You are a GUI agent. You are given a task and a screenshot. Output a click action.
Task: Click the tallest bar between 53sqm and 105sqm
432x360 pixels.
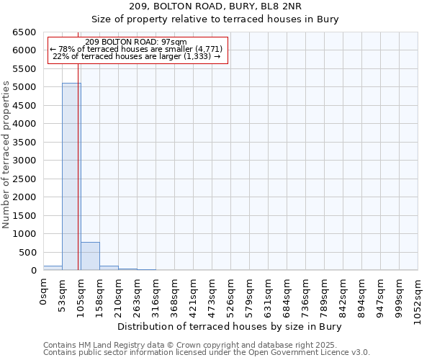tap(71, 176)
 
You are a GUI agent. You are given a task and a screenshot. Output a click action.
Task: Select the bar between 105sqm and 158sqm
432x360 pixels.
tap(90, 256)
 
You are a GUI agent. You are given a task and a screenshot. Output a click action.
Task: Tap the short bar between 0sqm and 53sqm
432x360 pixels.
tap(53, 268)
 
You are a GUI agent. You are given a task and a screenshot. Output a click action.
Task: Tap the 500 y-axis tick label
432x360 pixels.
tap(27, 252)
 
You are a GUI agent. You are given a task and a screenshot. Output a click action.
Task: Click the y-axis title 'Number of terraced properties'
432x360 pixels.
tap(6, 155)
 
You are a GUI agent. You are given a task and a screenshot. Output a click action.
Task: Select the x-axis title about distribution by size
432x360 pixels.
tap(230, 326)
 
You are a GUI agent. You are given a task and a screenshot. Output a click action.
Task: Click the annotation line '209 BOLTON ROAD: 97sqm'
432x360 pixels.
tap(135, 42)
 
